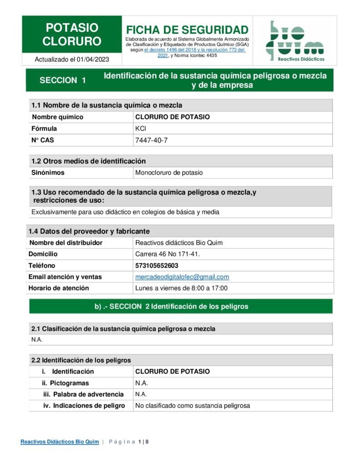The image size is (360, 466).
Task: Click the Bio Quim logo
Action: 294,41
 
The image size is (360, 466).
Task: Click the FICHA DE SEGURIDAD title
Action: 187,30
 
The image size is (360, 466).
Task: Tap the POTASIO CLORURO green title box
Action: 72,35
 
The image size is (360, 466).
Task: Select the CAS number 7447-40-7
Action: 152,140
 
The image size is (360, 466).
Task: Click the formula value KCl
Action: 141,128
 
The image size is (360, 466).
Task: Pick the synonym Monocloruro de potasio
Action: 169,172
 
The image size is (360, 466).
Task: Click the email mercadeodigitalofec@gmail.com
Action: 182,277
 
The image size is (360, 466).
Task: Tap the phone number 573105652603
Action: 157,265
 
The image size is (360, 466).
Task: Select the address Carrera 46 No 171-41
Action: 167,254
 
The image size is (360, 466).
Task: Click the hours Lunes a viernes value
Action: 181,288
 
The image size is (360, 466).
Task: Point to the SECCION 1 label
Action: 63,81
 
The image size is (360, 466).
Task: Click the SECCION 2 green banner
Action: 181,306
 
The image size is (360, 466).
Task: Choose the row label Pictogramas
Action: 69,383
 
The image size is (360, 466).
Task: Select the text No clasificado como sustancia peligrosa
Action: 193,405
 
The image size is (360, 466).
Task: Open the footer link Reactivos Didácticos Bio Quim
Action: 60,442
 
